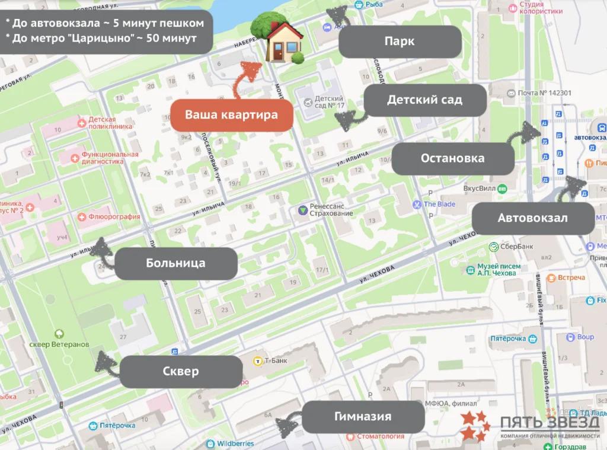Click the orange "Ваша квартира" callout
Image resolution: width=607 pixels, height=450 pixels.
point(232,115)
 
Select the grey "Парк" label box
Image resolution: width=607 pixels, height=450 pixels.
point(400,42)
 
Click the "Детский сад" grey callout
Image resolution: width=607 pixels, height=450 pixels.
point(424,100)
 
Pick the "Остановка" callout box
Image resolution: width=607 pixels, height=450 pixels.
point(452,158)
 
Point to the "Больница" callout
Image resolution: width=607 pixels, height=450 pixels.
point(175,263)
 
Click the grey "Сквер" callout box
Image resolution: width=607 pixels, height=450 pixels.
point(181,372)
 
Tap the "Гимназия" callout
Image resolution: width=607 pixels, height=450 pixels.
point(363,416)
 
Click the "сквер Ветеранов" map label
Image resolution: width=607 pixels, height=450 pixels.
point(59,344)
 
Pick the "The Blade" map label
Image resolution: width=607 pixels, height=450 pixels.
point(439,205)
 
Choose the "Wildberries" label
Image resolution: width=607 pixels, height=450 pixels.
point(235,443)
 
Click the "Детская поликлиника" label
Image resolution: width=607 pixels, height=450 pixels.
point(106,123)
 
